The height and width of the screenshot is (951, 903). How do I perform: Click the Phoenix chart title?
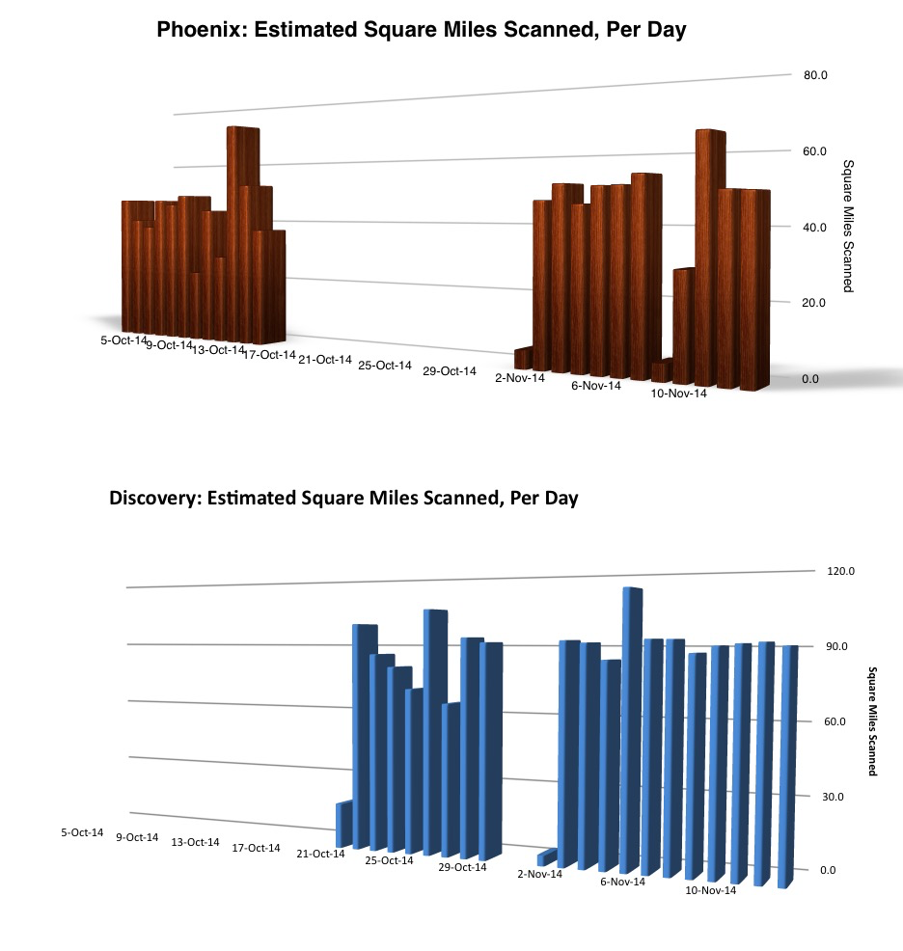(421, 31)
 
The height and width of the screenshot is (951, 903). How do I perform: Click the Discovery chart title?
(343, 499)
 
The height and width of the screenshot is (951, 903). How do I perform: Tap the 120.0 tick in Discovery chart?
(829, 571)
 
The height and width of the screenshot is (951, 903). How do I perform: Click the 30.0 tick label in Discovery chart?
(829, 797)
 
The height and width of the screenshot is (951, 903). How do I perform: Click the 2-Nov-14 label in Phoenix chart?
(520, 378)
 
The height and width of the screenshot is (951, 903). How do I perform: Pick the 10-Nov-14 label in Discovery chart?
(711, 890)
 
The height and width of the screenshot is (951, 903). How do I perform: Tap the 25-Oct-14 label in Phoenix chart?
(385, 366)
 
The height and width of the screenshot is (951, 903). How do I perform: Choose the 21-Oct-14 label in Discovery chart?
(320, 854)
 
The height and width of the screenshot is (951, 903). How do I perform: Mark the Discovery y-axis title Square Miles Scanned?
(873, 720)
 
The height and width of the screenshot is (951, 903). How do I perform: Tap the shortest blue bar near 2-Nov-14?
(547, 856)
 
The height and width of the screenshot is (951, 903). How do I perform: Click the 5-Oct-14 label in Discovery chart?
(82, 832)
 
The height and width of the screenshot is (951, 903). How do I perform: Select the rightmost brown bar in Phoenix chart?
(754, 289)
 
